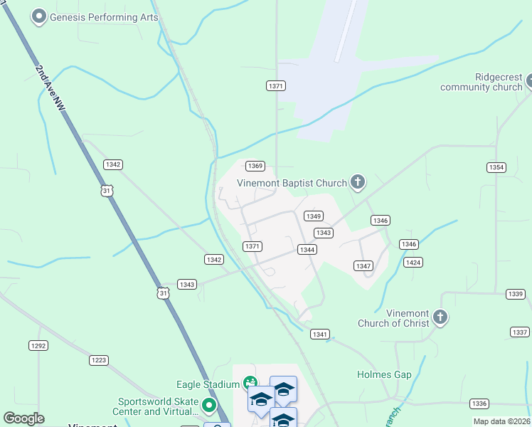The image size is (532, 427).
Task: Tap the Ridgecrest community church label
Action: (482, 82)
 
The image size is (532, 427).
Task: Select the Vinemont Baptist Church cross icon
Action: (358, 183)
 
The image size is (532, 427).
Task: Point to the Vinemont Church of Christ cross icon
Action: (440, 317)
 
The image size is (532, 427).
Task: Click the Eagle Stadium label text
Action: (208, 384)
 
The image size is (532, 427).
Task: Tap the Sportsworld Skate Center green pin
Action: (209, 406)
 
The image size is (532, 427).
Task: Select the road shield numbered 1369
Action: (255, 166)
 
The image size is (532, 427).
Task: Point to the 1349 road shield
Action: (314, 216)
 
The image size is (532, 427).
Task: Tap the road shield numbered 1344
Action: (307, 249)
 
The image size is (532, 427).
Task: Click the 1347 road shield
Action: (363, 265)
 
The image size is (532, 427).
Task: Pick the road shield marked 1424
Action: (413, 262)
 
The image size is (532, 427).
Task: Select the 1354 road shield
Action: (496, 167)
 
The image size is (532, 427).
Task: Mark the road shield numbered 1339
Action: (516, 294)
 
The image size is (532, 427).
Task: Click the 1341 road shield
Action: (320, 334)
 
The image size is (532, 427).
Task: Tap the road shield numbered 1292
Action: (38, 345)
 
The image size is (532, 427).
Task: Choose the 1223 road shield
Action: (99, 360)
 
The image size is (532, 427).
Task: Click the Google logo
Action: (23, 418)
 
